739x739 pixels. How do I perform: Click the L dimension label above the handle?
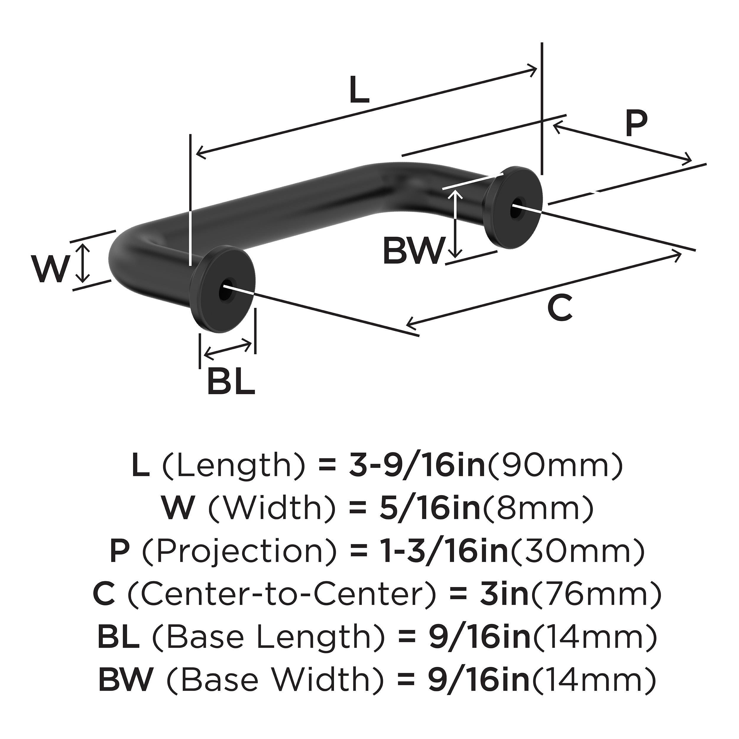tap(359, 91)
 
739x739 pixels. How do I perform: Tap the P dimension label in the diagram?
tap(636, 124)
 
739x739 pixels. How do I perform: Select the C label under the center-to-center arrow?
tap(560, 308)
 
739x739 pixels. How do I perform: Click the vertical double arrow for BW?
tap(455, 224)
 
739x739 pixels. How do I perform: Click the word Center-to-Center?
tap(281, 594)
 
